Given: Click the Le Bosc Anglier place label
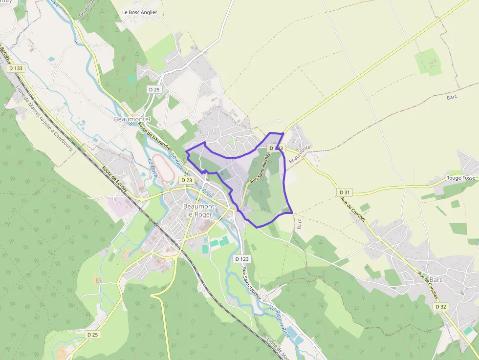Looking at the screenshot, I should tap(140, 13).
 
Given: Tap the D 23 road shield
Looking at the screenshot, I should tap(186, 180).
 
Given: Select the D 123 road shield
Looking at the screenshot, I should tap(242, 258).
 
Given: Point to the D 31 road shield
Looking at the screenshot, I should tap(345, 192).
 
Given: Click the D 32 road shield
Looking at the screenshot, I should tap(440, 306).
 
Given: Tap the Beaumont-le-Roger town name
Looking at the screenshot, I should tap(199, 210).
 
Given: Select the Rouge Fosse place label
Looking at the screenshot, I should tap(460, 178).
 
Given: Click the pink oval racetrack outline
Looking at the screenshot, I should tap(162, 169).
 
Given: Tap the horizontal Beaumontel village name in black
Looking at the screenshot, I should tap(131, 119).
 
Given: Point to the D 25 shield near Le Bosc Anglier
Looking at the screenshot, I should tap(154, 89).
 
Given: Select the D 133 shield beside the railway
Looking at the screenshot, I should tap(16, 68).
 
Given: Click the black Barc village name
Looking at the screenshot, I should tap(436, 280).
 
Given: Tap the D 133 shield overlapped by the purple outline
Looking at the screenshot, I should tap(276, 148).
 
